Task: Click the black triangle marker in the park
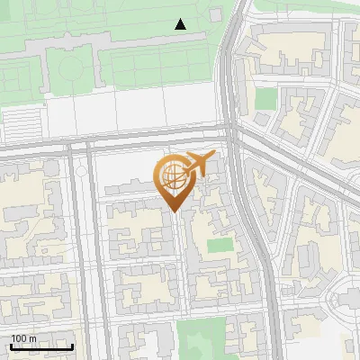tap(181, 24)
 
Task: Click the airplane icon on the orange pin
tap(197, 166)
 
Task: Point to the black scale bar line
tap(41, 346)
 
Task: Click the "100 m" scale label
tap(24, 337)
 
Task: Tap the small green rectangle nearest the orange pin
tap(219, 245)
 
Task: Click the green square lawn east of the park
tap(265, 98)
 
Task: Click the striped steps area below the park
tap(25, 119)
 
